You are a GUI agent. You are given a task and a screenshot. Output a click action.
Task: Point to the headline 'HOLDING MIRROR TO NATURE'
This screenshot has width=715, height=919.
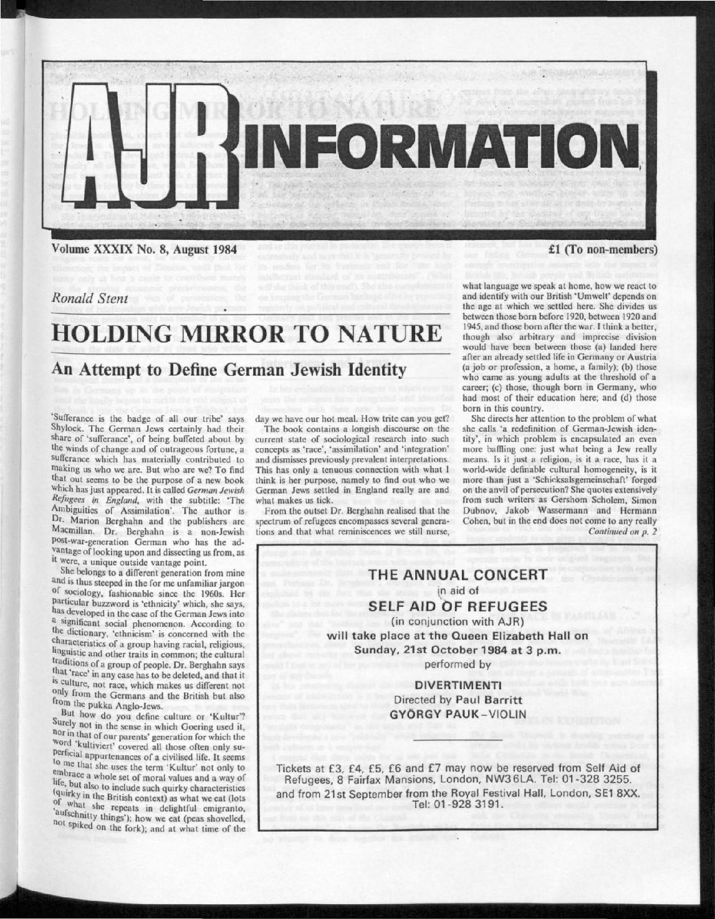[x=246, y=333]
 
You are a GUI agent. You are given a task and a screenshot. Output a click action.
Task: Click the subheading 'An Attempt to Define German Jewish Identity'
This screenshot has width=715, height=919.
[x=229, y=370]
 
